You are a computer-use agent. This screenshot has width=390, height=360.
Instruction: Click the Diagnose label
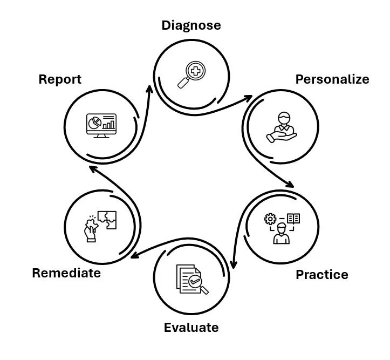point(191,25)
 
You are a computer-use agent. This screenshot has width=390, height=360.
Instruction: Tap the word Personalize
point(332,79)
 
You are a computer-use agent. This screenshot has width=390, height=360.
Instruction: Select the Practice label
point(321,275)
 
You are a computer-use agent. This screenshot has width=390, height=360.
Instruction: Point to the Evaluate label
point(191,328)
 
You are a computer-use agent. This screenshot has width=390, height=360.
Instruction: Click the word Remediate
point(66,273)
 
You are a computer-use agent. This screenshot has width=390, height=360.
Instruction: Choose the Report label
point(60,79)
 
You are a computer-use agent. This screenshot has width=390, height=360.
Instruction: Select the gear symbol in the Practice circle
point(270,219)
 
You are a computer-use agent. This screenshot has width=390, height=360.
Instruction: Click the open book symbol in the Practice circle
point(293,219)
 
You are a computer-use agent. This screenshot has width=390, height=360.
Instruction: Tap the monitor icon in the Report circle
point(101,125)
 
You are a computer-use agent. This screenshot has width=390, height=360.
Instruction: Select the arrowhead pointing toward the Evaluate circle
point(233,264)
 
